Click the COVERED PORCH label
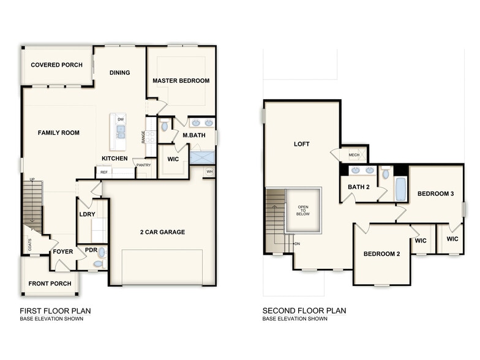point(56,65)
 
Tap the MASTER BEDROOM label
point(181,81)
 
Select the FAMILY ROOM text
point(58,133)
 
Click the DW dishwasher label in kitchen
point(121,119)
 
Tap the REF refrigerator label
point(104,173)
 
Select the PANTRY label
point(143,165)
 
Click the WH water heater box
point(209,171)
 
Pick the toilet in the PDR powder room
point(100,252)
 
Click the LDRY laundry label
point(87,214)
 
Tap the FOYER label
point(62,252)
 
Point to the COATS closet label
point(29,244)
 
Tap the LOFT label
point(301,144)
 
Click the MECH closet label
point(354,155)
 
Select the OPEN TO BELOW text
point(303,211)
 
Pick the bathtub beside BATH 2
point(400,189)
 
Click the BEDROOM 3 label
point(435,194)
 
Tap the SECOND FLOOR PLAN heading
point(304,310)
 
